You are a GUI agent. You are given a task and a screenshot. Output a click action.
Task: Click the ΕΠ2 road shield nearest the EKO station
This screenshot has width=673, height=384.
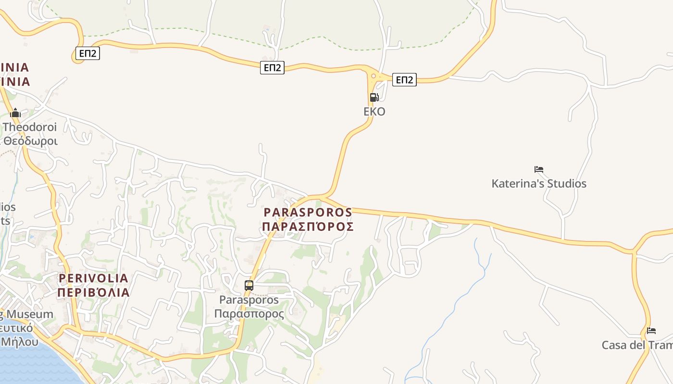[x=404, y=80]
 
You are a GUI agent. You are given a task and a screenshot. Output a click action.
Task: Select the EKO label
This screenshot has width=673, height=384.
[x=374, y=111]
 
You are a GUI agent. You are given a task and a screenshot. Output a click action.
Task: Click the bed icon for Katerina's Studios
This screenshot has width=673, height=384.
[x=539, y=169]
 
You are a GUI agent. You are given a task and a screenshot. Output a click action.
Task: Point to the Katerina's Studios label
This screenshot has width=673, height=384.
[x=539, y=183]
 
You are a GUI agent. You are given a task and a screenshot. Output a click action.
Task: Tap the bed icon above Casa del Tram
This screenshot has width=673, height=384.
[x=651, y=331]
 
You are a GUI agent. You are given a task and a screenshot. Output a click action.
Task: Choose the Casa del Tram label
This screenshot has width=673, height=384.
[x=637, y=345]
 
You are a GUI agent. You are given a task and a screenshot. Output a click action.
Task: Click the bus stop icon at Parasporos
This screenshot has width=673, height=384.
[x=249, y=285]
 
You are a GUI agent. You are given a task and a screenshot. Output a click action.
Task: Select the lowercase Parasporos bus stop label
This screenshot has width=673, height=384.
[x=249, y=300]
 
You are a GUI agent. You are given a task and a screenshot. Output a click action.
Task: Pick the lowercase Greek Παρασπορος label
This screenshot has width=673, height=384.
[x=249, y=314]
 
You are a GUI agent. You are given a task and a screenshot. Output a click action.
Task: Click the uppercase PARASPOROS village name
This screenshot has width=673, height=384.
[x=308, y=212]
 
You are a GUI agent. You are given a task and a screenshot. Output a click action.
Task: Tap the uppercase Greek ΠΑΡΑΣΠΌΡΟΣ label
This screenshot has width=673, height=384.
[x=308, y=226]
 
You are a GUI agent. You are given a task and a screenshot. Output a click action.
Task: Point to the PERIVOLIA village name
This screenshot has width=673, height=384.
[x=94, y=278]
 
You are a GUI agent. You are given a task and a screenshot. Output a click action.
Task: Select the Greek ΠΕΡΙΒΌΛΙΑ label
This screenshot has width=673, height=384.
[x=94, y=292]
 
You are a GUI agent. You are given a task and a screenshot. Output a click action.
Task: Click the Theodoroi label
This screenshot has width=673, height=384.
[x=30, y=127]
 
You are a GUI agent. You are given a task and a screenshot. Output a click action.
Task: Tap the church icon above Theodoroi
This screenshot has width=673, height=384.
[x=15, y=113]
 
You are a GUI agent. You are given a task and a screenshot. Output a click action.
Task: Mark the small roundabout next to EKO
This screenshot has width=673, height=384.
[x=374, y=76]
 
